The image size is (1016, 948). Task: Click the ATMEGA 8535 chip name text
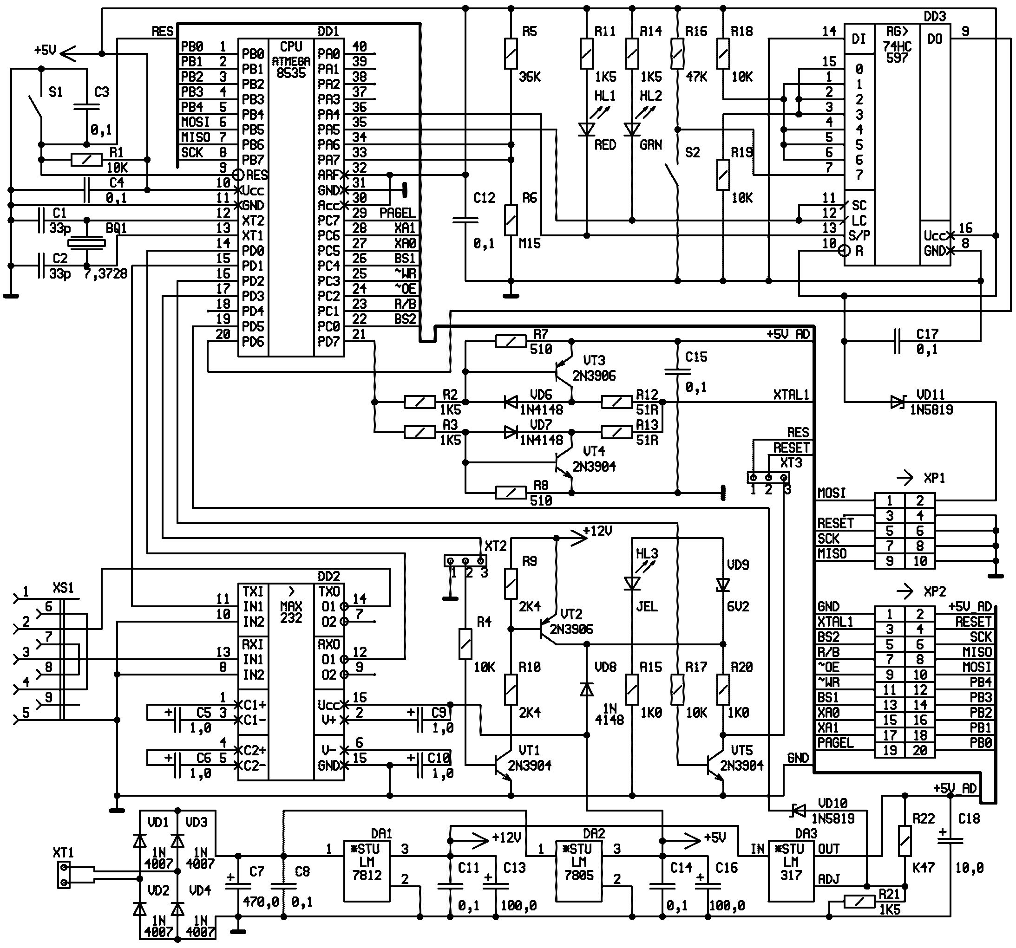pyautogui.click(x=291, y=67)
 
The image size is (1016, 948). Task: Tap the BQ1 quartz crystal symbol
pyautogui.click(x=87, y=243)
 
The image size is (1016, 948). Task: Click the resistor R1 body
pyautogui.click(x=86, y=160)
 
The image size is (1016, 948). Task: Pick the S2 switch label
pyautogui.click(x=692, y=152)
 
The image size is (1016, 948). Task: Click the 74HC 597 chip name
pyautogui.click(x=897, y=52)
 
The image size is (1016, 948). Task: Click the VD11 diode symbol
pyautogui.click(x=898, y=402)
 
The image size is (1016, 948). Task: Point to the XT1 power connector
pyautogui.click(x=64, y=875)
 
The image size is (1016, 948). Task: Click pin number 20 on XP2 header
pyautogui.click(x=920, y=750)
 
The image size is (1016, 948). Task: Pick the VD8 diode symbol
pyautogui.click(x=587, y=690)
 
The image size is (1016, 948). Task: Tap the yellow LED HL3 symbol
pyautogui.click(x=632, y=583)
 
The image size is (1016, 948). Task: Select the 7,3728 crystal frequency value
pyautogui.click(x=105, y=274)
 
